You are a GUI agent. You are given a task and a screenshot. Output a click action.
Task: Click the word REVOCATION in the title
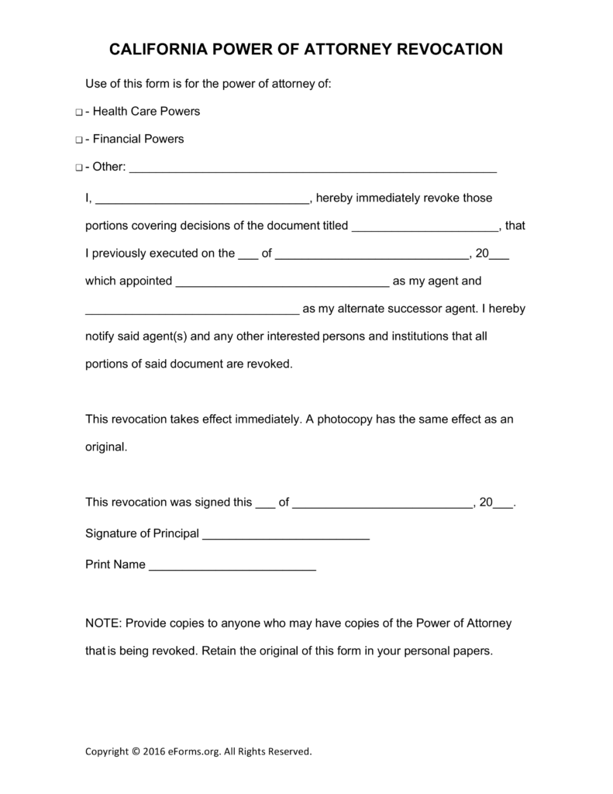tap(450, 50)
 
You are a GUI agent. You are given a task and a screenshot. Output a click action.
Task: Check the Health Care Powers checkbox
tap(79, 112)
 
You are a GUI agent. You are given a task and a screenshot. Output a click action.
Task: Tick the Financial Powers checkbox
tap(79, 140)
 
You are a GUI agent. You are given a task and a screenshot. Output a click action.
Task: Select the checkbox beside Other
tap(79, 168)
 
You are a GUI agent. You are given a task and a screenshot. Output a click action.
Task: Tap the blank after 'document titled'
tap(425, 227)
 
